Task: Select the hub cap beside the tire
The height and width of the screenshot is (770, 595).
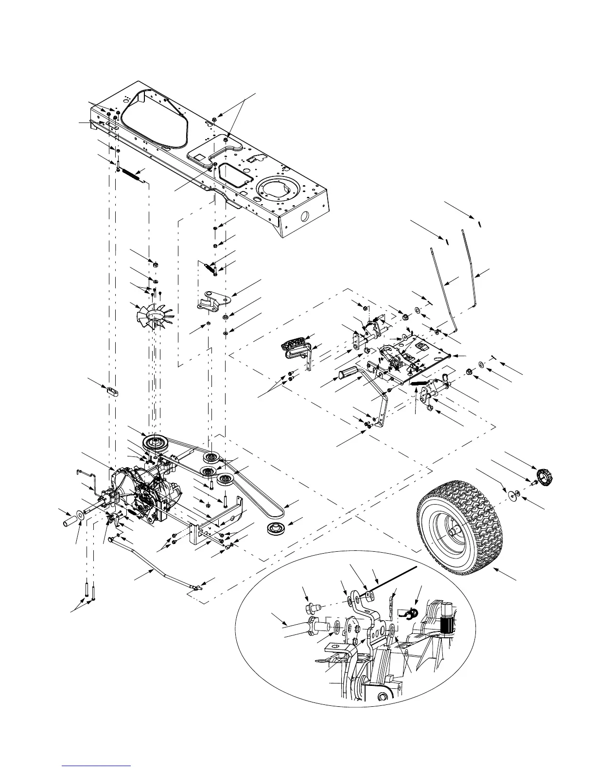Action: pos(544,474)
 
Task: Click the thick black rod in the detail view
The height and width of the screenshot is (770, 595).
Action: pos(393,578)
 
